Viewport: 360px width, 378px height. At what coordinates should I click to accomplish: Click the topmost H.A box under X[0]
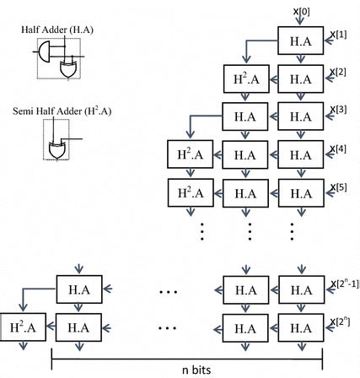[300, 40]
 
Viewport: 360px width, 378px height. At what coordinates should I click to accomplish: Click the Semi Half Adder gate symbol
[57, 145]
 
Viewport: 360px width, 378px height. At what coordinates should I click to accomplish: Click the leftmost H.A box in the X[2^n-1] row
[78, 289]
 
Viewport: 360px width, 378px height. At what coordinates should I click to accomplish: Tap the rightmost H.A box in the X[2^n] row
[300, 326]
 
